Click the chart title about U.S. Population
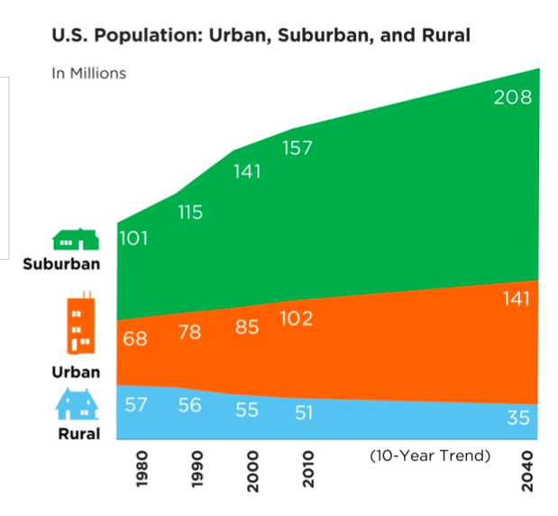[x=261, y=36]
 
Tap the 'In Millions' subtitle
[x=88, y=73]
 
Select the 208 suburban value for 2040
[x=512, y=97]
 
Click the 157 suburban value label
[x=297, y=148]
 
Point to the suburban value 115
[x=189, y=213]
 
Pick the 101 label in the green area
[x=133, y=239]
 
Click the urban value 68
[x=136, y=341]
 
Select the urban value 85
[x=247, y=327]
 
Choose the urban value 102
[x=297, y=318]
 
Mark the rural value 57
[x=136, y=404]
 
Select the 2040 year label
[x=527, y=470]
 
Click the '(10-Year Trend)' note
[x=430, y=456]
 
